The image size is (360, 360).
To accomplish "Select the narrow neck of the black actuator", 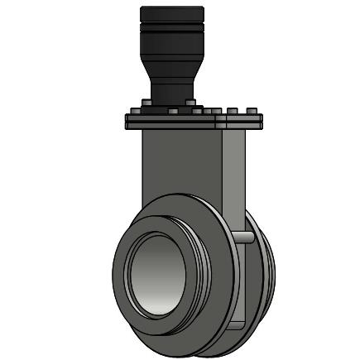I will [x=172, y=89].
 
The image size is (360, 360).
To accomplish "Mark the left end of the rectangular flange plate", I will [x=127, y=122].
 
